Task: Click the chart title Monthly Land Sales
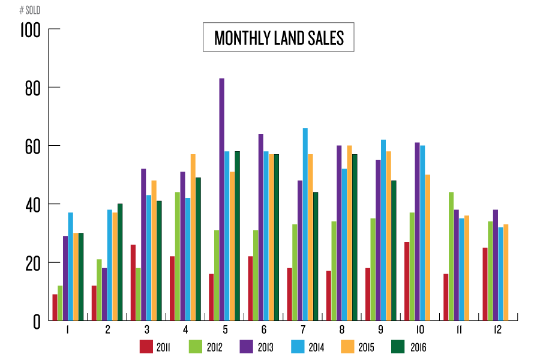[278, 38]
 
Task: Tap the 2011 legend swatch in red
[146, 346]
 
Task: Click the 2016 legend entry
[408, 346]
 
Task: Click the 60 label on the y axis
[32, 146]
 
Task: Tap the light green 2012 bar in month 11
[451, 256]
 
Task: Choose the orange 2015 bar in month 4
[193, 237]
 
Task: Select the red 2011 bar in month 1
[55, 307]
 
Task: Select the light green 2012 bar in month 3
[138, 294]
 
